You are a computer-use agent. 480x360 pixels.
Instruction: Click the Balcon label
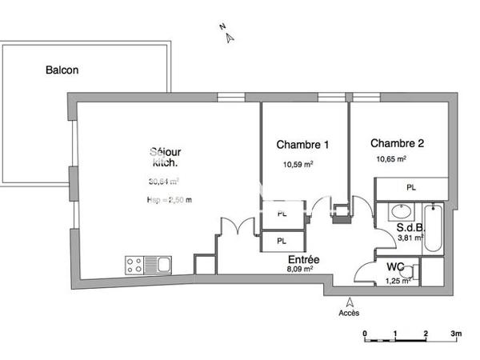tap(61, 70)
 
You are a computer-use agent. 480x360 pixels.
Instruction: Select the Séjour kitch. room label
tap(165, 157)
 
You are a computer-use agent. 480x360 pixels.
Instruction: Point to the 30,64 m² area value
tap(163, 181)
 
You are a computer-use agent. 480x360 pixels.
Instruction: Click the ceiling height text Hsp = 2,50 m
tap(170, 200)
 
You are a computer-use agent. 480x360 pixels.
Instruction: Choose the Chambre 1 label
tap(302, 145)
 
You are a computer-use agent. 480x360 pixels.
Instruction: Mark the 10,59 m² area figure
tap(298, 165)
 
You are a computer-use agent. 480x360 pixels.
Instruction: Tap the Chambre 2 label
tap(396, 144)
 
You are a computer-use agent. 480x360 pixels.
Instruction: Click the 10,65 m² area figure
tap(391, 159)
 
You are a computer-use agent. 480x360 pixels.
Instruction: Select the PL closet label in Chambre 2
tap(411, 188)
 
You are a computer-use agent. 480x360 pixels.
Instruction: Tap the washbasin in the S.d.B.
tap(398, 212)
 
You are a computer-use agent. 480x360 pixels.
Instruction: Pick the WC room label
tap(395, 266)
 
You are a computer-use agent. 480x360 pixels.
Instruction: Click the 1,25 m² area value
tap(398, 281)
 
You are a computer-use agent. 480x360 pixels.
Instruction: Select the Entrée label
tap(304, 259)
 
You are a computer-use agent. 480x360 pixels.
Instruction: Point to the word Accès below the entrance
tap(349, 313)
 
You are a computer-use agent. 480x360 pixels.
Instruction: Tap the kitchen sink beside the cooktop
tap(162, 263)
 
